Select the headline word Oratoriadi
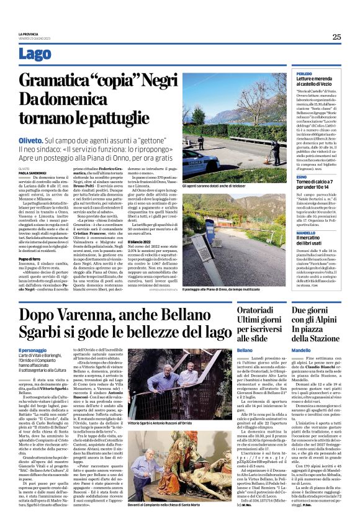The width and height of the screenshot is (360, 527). (258, 310)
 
